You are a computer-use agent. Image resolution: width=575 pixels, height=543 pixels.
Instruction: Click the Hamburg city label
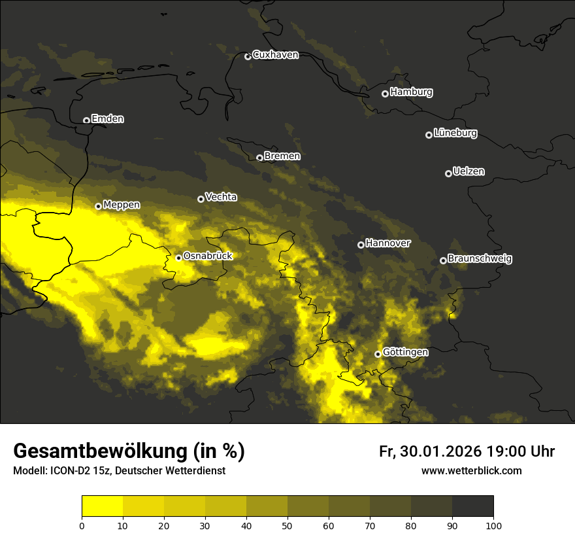click(411, 92)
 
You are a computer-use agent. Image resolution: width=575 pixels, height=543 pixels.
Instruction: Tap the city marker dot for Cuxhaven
click(248, 56)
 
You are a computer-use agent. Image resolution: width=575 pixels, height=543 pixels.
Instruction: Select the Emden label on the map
click(107, 119)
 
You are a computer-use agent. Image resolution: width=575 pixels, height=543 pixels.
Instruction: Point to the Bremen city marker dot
click(259, 158)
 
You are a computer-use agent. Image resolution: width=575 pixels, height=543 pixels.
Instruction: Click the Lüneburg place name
click(455, 133)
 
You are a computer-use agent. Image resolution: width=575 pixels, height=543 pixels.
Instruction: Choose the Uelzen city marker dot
click(448, 173)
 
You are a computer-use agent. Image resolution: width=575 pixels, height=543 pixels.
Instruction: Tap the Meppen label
click(122, 205)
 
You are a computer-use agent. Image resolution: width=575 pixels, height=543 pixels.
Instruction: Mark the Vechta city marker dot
click(201, 199)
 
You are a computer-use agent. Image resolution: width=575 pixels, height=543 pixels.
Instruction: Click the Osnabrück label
click(208, 256)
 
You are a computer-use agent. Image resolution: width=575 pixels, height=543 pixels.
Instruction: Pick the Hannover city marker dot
click(361, 245)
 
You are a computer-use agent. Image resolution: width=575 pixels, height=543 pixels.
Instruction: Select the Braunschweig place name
click(480, 259)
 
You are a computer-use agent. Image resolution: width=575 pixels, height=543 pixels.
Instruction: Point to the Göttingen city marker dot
click(378, 354)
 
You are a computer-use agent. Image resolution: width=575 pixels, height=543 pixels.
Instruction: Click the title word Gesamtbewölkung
click(101, 451)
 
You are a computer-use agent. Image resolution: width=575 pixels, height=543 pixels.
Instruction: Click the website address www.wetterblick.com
click(471, 470)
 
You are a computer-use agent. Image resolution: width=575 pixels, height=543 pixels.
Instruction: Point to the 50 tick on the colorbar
click(287, 525)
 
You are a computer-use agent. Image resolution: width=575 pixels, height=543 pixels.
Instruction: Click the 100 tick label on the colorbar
click(493, 525)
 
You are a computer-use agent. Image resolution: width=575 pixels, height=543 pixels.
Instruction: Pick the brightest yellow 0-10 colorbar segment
click(102, 506)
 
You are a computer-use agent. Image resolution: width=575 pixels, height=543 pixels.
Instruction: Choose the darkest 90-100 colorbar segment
click(472, 506)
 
